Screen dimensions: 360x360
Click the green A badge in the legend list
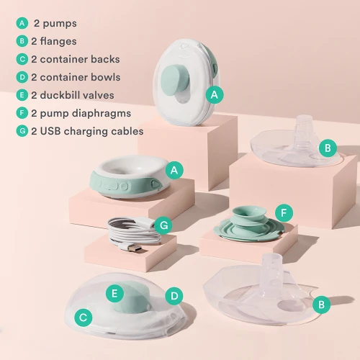click(x=22, y=23)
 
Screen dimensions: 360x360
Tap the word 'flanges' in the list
click(x=58, y=41)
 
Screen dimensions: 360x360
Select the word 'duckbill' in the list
click(x=57, y=95)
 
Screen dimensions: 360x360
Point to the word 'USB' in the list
click(x=50, y=131)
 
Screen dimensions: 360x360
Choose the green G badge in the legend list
click(x=22, y=131)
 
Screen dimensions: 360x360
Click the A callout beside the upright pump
click(x=215, y=95)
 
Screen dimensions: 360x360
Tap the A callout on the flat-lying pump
click(x=174, y=171)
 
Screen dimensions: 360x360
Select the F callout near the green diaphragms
click(x=284, y=213)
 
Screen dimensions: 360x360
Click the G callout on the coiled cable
click(x=163, y=225)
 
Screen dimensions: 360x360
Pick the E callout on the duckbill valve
click(x=114, y=293)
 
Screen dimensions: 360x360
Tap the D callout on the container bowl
click(x=174, y=296)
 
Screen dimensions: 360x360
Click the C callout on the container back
click(x=84, y=318)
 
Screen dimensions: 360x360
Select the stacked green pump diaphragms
click(x=249, y=224)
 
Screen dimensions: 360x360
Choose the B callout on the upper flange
click(x=328, y=148)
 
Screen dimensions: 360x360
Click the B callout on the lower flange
click(x=322, y=305)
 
